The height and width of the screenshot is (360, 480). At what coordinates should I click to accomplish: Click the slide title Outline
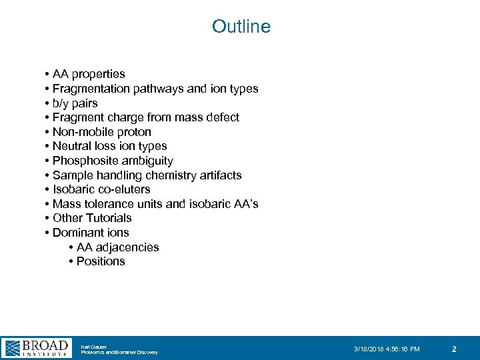click(241, 27)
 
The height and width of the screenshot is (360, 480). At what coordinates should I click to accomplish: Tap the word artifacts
click(217, 175)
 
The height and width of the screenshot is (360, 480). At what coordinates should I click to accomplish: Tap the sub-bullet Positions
click(101, 261)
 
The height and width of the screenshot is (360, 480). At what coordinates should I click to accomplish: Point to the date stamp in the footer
click(387, 349)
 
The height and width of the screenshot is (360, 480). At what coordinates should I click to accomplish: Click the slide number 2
click(454, 349)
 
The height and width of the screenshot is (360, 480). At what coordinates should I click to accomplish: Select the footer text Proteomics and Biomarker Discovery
click(119, 352)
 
